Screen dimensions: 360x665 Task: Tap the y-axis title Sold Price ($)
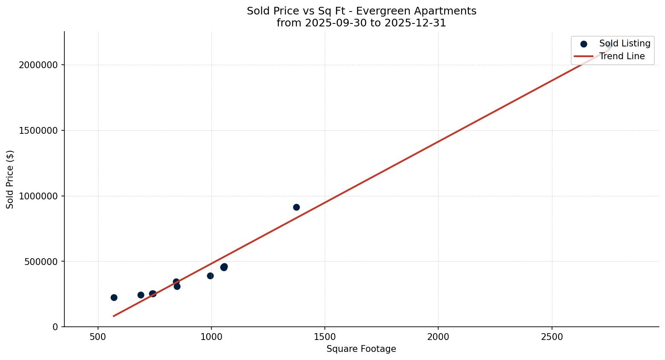coord(10,179)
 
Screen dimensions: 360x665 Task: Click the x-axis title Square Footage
coord(361,349)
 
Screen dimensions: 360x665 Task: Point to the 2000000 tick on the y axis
coord(38,65)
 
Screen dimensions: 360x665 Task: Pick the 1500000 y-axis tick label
coord(38,131)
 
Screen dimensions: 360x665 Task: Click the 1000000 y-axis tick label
coord(38,196)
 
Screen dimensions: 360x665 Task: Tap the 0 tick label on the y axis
coord(55,327)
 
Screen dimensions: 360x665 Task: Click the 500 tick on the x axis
coord(98,337)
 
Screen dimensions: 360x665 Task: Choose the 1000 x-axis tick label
coord(211,337)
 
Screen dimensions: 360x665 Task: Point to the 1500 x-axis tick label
coord(325,337)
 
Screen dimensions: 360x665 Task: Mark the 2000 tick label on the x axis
coord(438,337)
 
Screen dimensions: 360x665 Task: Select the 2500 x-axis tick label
coord(552,337)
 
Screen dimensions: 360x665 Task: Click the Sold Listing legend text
coord(625,43)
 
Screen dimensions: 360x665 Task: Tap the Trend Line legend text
coord(622,56)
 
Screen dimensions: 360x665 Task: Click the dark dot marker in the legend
coord(584,44)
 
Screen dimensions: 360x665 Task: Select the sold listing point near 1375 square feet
coord(296,207)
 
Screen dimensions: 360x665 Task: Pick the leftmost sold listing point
coord(114,297)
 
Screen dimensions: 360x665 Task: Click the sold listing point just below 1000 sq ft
coord(210,276)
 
